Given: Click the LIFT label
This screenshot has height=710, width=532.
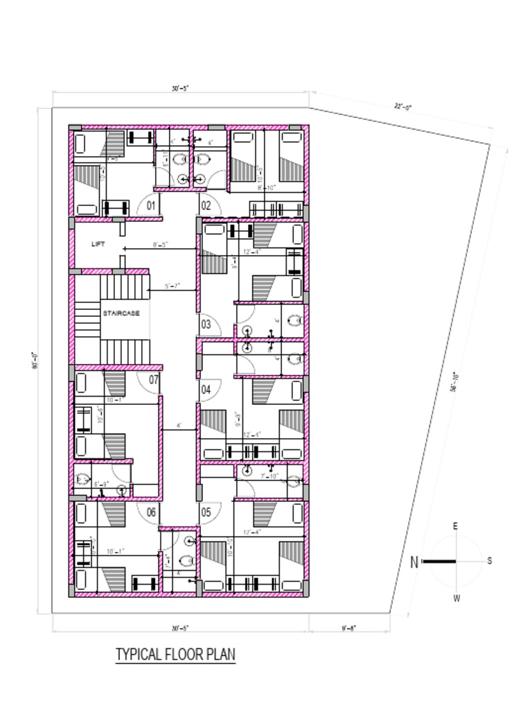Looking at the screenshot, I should [98, 243].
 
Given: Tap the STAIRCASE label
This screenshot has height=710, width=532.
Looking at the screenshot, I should [121, 313].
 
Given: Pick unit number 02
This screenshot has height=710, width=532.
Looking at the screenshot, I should [206, 205].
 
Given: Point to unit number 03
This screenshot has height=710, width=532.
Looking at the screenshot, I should [206, 324].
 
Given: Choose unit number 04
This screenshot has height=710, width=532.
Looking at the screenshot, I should [206, 390].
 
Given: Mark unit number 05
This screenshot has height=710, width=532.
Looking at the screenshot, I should [206, 512].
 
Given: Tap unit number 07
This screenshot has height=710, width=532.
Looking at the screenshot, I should [154, 380].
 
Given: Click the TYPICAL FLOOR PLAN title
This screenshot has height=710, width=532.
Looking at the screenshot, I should [175, 654].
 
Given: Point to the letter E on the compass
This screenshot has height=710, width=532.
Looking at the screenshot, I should [455, 526].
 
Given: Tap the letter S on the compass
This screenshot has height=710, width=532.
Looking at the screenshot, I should [490, 561].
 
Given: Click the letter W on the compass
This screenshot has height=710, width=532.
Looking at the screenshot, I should [456, 598].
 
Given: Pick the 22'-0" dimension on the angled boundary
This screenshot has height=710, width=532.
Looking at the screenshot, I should [403, 107].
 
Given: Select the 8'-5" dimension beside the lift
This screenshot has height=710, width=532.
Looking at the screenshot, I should [161, 244].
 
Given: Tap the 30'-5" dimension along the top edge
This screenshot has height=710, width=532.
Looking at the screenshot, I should [180, 88].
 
